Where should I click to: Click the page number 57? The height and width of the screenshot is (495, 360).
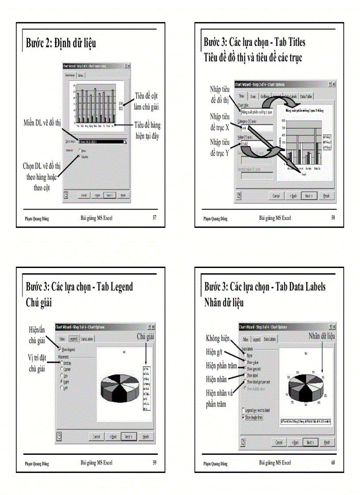(x=154, y=217)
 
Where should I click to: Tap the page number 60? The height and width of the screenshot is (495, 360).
(x=333, y=462)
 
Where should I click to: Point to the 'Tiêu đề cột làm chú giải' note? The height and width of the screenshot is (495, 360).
(x=146, y=101)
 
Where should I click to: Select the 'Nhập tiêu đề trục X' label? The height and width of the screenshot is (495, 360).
(x=220, y=122)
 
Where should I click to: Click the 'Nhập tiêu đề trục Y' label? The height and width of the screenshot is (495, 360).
(x=220, y=148)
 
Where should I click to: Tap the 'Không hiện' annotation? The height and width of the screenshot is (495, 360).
(x=217, y=339)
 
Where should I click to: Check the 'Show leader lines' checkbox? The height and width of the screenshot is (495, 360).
(x=243, y=417)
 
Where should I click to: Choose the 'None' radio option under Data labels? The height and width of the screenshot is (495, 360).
(x=244, y=355)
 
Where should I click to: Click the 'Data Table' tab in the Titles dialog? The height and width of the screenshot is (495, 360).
(x=306, y=96)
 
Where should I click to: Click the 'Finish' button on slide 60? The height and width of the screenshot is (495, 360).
(x=326, y=442)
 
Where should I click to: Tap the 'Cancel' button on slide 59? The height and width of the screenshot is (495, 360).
(x=97, y=436)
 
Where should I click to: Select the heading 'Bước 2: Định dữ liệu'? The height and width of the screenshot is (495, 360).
(x=61, y=43)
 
